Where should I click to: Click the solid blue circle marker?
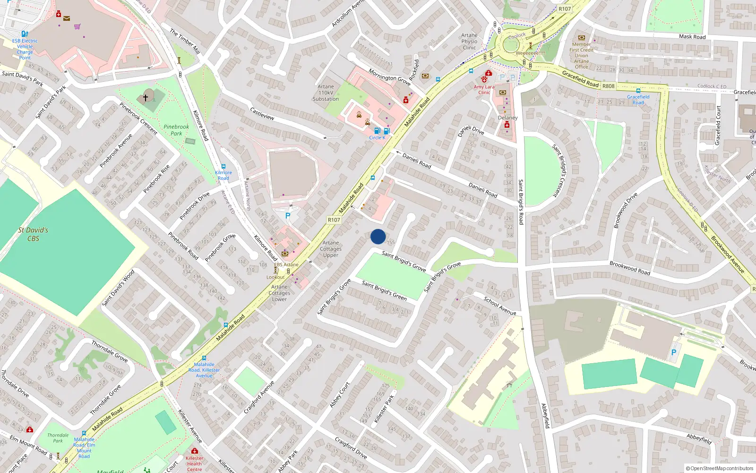378,236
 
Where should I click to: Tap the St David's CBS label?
33,234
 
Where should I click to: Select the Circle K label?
377,138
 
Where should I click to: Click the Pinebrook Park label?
176,130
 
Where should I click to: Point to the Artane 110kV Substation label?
326,93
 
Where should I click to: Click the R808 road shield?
609,86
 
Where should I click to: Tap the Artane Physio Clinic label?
469,41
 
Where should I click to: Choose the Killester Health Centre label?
194,464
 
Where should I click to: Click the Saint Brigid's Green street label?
384,290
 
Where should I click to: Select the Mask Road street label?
692,36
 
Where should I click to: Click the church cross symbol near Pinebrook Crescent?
146,97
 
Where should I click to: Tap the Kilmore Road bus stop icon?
223,166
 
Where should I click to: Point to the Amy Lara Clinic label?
484,89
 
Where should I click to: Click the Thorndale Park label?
58,438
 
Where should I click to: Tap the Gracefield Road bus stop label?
638,100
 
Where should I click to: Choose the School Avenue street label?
500,306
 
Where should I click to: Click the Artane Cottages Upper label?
331,249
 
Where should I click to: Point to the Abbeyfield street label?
699,438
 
